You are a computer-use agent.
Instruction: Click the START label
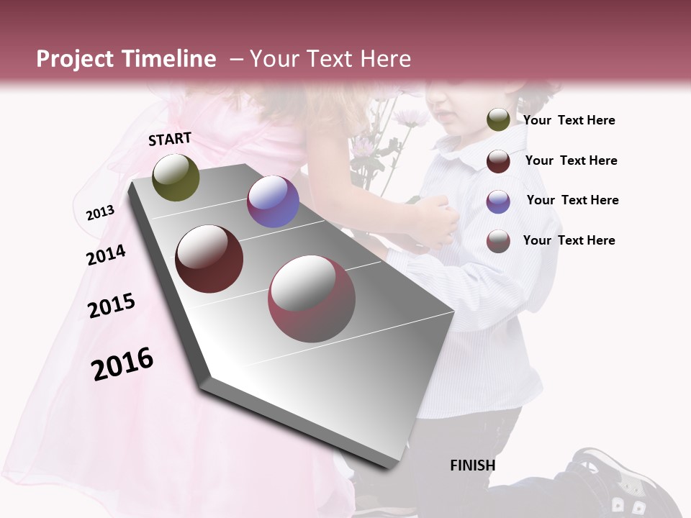coord(170,139)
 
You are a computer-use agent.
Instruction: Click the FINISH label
coord(472,465)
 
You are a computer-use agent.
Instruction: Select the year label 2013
coord(100,212)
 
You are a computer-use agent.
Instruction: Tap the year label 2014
coord(106,255)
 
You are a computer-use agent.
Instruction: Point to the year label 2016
coord(122,364)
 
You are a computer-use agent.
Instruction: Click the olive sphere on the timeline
coord(176,177)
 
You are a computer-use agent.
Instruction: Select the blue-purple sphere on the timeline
coord(273,201)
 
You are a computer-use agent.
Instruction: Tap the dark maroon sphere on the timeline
coord(209,259)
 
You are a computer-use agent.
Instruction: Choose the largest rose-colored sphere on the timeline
coord(312,299)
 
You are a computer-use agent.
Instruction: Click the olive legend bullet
coord(498,120)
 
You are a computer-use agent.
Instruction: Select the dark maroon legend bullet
coord(498,161)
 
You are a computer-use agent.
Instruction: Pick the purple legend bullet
coord(498,201)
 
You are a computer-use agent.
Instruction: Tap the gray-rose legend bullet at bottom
coord(498,241)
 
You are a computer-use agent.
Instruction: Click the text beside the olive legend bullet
coord(569,120)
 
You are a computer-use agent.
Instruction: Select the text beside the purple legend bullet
coord(572,200)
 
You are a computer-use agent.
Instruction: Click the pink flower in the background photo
coord(412,117)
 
